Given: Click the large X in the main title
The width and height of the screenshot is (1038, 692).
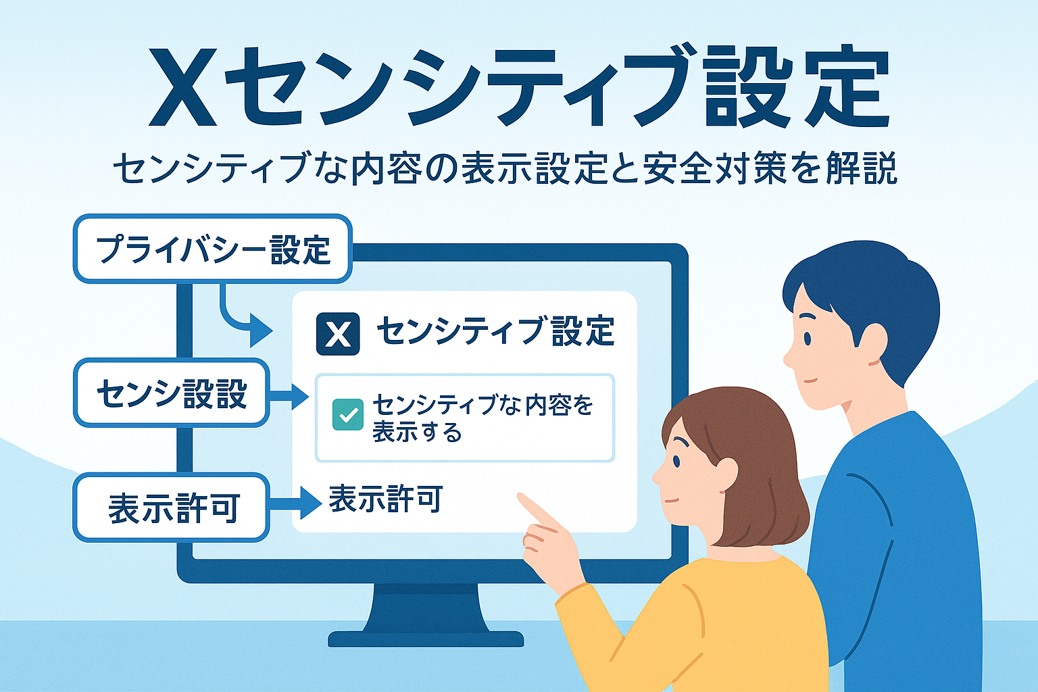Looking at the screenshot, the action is [182, 87].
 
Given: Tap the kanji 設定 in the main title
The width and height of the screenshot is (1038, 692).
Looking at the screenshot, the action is [795, 87].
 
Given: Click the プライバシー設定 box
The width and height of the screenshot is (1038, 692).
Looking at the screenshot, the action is [213, 249].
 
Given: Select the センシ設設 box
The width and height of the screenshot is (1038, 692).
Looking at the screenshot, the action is [172, 393].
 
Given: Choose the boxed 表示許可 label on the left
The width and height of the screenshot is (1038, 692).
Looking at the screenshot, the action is [172, 507].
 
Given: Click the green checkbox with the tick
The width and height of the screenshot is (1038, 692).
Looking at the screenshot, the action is [348, 414].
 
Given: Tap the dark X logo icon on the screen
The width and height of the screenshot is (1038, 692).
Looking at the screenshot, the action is [338, 334].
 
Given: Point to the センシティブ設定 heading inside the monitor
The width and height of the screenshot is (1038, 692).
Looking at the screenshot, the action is [496, 330].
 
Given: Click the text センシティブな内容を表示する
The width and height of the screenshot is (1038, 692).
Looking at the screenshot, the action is [483, 418].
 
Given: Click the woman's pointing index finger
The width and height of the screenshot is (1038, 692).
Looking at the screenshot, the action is [537, 510].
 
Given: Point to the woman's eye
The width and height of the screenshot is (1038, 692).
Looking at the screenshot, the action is [676, 461].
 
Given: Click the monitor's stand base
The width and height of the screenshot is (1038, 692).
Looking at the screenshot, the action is [426, 638].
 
